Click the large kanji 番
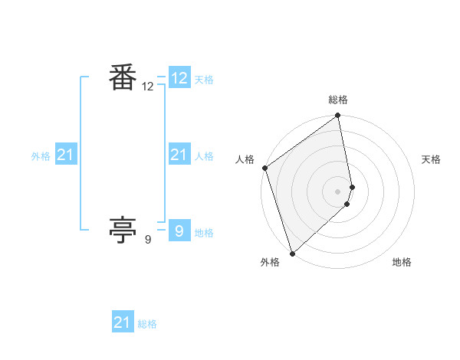(x=123, y=78)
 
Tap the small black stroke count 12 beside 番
(x=148, y=87)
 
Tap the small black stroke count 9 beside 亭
(x=148, y=240)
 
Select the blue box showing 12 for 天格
(x=179, y=78)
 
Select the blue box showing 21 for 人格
(x=179, y=155)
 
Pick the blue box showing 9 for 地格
(x=179, y=231)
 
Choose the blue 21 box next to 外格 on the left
(x=65, y=155)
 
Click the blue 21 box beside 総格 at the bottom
(x=123, y=322)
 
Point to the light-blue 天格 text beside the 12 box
(x=204, y=80)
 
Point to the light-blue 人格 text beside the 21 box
(x=204, y=156)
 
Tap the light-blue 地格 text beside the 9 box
(x=204, y=233)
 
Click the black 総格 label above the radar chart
(x=338, y=100)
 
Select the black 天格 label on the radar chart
(x=432, y=159)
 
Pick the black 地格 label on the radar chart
(x=402, y=262)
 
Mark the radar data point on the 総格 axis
(x=338, y=116)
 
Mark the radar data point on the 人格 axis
(x=264, y=168)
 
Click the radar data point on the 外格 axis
(x=292, y=253)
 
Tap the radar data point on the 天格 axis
(x=352, y=187)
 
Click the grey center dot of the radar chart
(x=338, y=191)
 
